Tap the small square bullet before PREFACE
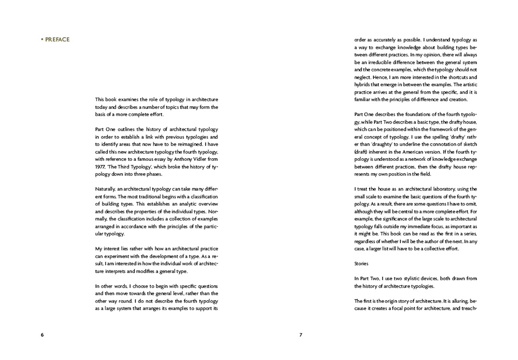(x=42, y=39)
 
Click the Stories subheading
(x=362, y=263)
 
